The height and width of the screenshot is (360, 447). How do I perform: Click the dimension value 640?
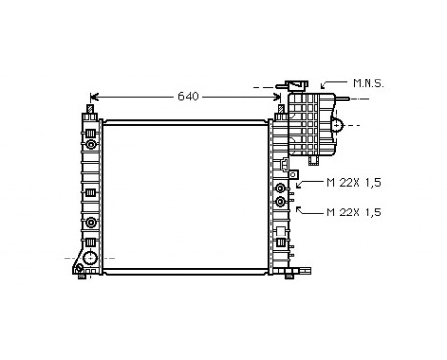[188, 96]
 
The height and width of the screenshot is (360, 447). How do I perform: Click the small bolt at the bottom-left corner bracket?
[78, 271]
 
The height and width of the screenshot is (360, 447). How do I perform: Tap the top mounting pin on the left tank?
[90, 113]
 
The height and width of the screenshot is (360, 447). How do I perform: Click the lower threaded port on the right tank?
[280, 202]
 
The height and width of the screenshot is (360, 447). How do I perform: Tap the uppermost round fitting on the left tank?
[90, 144]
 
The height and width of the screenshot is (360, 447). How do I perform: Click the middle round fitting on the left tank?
[90, 223]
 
